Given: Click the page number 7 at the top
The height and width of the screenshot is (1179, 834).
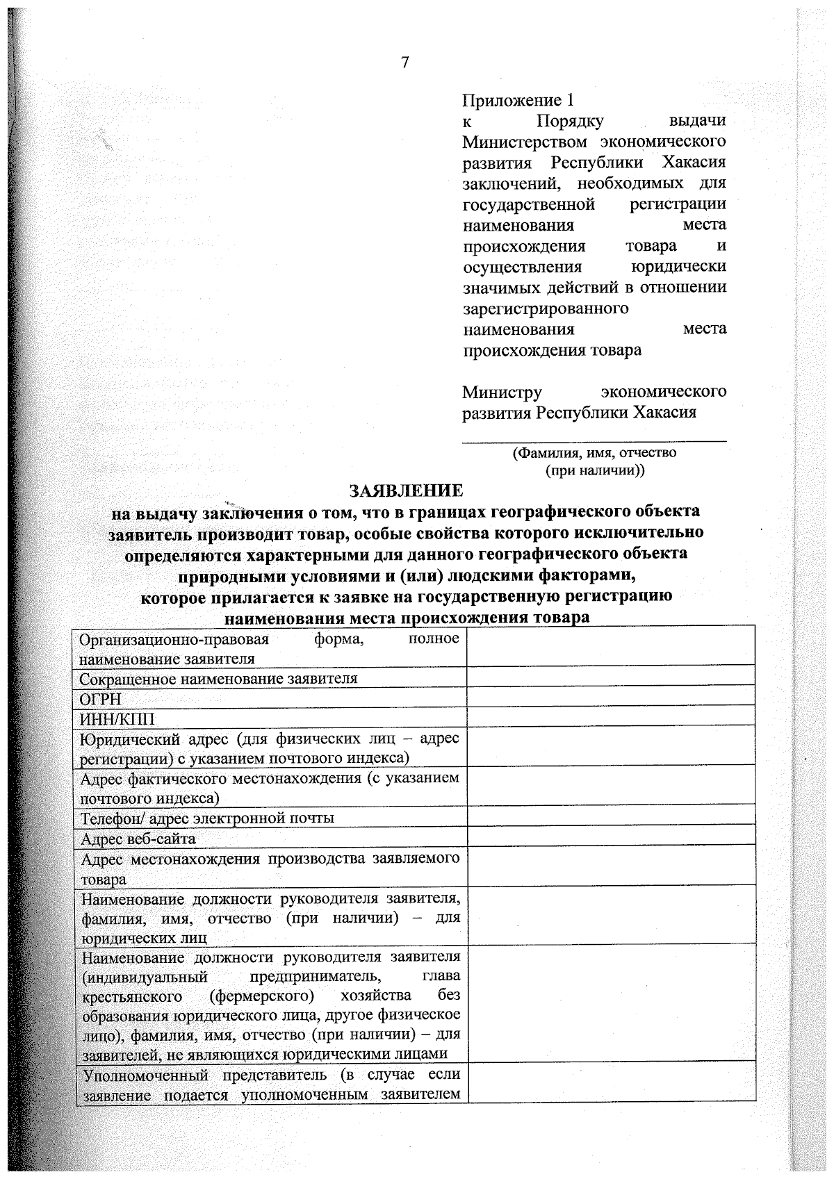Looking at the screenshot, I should pos(405,63).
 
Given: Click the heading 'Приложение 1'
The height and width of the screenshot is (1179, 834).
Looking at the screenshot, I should pos(518,101).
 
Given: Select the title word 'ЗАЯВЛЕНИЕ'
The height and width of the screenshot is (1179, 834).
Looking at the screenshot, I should pos(407,491).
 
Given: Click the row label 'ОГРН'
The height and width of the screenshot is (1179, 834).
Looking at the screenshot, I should pos(101,699).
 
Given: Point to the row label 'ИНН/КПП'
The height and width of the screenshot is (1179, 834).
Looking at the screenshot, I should pos(118,718).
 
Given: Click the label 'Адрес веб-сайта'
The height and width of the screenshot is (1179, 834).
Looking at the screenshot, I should pos(138,839).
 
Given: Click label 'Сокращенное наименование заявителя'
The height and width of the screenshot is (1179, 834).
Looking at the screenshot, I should pos(218,678).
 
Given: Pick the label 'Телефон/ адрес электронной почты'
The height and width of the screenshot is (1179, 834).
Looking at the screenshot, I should pos(207,818).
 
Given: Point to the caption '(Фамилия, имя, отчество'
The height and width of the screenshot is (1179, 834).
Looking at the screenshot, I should pos(594,453).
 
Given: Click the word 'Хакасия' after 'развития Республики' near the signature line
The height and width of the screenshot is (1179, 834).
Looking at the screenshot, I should pos(664,413).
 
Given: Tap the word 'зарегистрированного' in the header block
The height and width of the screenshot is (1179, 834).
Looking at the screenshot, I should pos(546,308).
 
